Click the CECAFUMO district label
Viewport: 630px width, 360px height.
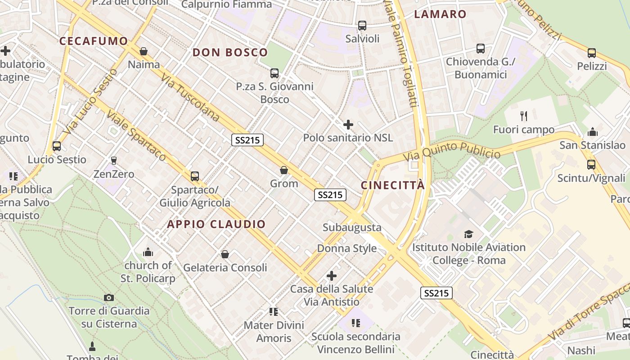94,41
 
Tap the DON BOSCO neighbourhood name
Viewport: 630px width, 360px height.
230,52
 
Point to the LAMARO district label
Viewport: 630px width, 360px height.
440,14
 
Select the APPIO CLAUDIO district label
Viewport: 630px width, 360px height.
216,224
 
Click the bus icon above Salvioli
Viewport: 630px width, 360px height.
362,26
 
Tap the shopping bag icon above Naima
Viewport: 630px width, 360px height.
144,51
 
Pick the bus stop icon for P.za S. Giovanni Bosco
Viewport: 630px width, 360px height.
274,73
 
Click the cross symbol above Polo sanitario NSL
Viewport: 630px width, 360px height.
348,125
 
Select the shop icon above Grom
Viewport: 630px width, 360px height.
284,170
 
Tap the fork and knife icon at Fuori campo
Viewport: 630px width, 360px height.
524,116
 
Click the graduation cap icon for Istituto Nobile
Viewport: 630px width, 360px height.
468,234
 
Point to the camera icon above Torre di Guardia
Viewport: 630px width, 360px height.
109,297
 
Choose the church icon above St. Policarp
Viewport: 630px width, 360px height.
148,252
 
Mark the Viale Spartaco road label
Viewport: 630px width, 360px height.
136,135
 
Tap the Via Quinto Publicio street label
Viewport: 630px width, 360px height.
451,151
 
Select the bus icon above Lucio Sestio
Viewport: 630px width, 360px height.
57,146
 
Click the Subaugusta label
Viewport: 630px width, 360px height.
352,228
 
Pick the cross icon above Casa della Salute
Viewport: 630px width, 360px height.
332,275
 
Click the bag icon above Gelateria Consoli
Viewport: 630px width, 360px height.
225,255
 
